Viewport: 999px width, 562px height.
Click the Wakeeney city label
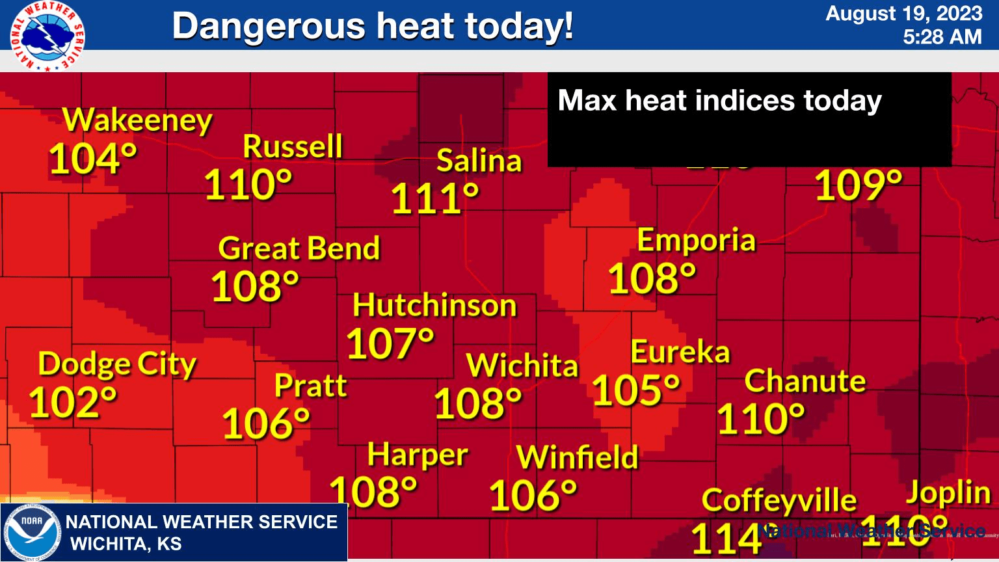pyautogui.click(x=137, y=121)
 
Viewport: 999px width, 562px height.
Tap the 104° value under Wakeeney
pyautogui.click(x=93, y=159)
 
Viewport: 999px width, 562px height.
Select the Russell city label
pyautogui.click(x=293, y=146)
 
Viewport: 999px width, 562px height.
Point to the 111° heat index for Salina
pyautogui.click(x=435, y=199)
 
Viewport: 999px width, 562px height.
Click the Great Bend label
pyautogui.click(x=299, y=248)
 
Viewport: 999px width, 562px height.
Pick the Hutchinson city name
pyautogui.click(x=434, y=306)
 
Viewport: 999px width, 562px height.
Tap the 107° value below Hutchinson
pyautogui.click(x=390, y=343)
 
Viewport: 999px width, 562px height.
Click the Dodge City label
pyautogui.click(x=117, y=364)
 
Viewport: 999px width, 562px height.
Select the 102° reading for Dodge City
pyautogui.click(x=73, y=402)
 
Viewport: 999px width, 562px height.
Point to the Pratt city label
pyautogui.click(x=310, y=386)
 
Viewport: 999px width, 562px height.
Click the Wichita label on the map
pyautogui.click(x=522, y=366)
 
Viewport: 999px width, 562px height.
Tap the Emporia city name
pyautogui.click(x=697, y=241)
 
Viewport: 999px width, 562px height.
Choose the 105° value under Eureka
pyautogui.click(x=636, y=390)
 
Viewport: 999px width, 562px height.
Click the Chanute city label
pyautogui.click(x=805, y=381)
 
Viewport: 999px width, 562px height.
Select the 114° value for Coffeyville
pyautogui.click(x=726, y=539)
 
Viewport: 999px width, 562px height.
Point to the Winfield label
pyautogui.click(x=578, y=457)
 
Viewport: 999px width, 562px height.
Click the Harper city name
pyautogui.click(x=418, y=455)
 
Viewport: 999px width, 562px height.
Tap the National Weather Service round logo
pyautogui.click(x=47, y=36)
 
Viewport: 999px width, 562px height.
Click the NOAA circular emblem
pyautogui.click(x=32, y=532)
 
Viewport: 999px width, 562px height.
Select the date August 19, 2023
pyautogui.click(x=903, y=14)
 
